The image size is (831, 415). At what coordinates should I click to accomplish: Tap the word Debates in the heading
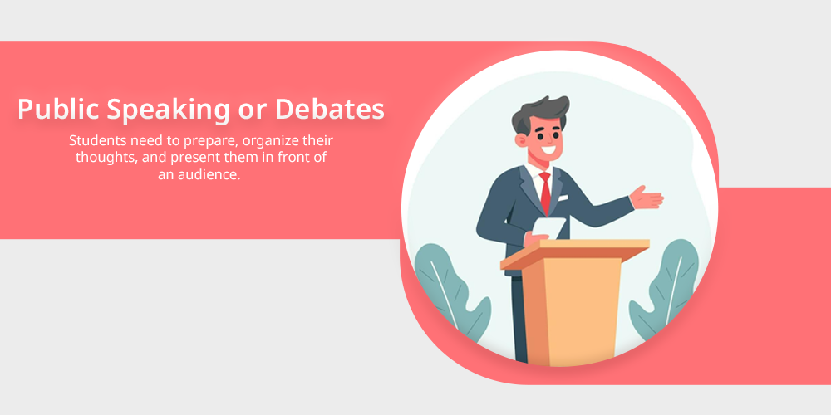(x=330, y=109)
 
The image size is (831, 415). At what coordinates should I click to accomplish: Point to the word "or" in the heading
(x=253, y=112)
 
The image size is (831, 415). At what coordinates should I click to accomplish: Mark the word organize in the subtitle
(x=268, y=142)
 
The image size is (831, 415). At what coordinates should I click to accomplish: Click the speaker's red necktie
(x=545, y=193)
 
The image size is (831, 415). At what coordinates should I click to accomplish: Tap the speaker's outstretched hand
(x=647, y=198)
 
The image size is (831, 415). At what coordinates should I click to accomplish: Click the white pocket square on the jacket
(x=563, y=198)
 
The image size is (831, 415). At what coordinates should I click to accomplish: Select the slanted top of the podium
(x=575, y=252)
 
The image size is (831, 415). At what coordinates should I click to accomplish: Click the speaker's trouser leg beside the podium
(x=519, y=318)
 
